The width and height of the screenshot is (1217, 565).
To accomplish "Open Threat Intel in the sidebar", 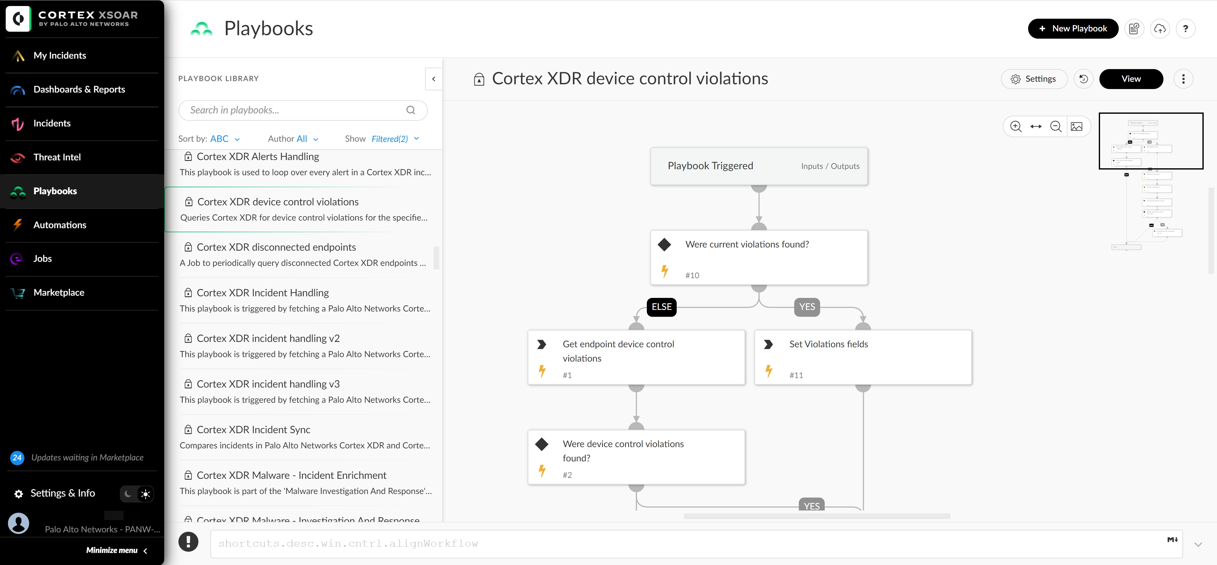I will [57, 157].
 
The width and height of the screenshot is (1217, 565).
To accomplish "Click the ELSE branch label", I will [661, 307].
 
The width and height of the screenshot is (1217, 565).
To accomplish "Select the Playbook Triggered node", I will [710, 166].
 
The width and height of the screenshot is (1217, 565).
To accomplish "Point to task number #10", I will [692, 275].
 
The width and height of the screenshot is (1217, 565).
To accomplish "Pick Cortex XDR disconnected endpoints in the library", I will [276, 247].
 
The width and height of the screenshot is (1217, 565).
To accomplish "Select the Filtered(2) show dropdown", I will [395, 139].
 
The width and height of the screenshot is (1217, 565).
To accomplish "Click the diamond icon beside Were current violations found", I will [664, 245].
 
